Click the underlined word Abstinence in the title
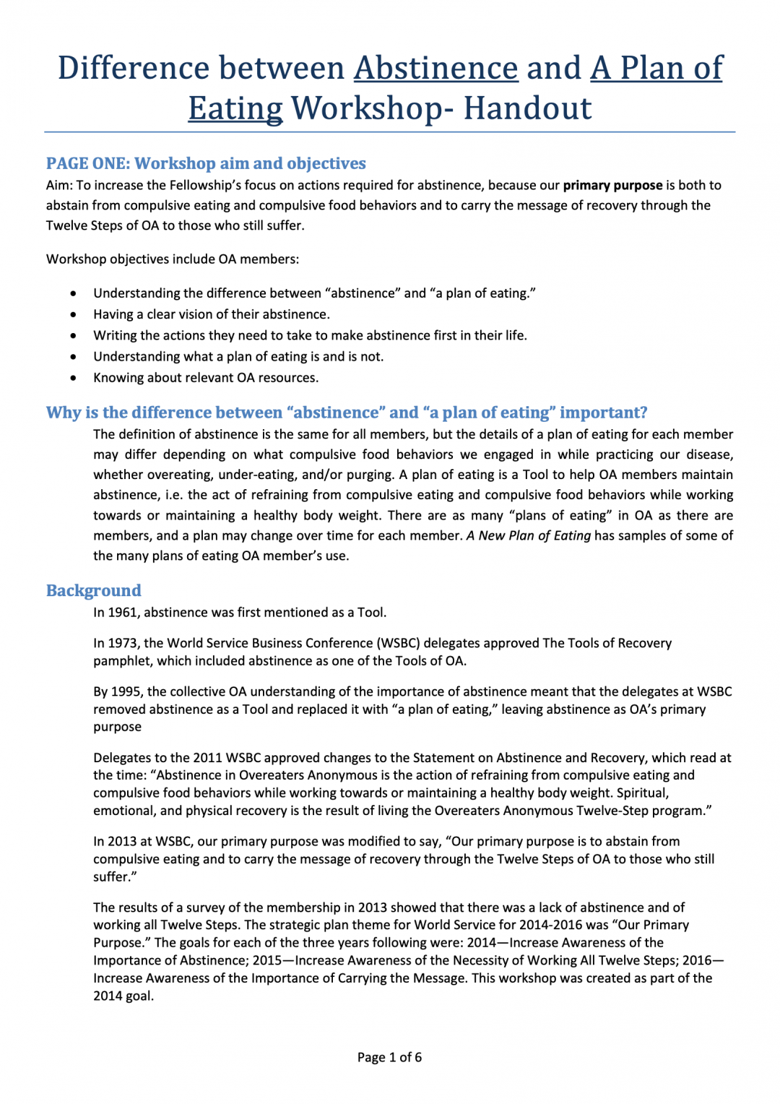point(435,69)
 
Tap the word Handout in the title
point(527,109)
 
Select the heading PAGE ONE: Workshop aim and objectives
point(206,163)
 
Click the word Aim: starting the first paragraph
point(59,185)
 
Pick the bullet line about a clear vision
point(211,314)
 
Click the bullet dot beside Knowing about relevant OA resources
point(74,378)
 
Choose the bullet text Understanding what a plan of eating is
point(238,356)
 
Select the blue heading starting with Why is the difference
point(347,413)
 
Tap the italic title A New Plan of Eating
point(529,535)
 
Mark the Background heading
point(94,590)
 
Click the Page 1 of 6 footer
point(389,1057)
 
